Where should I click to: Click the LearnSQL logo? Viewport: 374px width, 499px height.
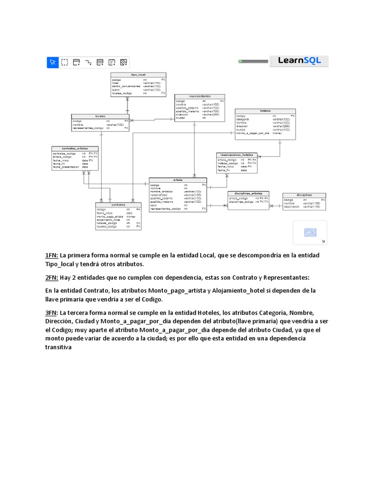(299, 61)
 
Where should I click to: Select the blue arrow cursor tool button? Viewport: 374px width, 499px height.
(52, 62)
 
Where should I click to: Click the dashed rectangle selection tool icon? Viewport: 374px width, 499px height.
(64, 62)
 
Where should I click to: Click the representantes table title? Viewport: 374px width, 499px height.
(200, 96)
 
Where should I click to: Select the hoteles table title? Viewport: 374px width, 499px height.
(265, 111)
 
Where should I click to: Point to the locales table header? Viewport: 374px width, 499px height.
(100, 116)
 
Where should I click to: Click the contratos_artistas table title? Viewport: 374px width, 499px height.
(75, 148)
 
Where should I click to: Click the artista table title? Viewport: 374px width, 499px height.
(178, 180)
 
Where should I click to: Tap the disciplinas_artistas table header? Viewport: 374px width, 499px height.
(248, 193)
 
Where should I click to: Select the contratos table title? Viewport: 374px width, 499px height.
(118, 205)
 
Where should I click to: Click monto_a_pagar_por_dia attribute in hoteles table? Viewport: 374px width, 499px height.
(253, 133)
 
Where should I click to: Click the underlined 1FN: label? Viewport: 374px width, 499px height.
(52, 255)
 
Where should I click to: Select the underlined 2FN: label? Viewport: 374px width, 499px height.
(52, 278)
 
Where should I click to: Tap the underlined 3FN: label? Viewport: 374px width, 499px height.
(52, 312)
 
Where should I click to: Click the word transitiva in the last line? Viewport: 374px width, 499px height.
(58, 347)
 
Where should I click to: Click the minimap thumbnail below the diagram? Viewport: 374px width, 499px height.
(310, 232)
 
